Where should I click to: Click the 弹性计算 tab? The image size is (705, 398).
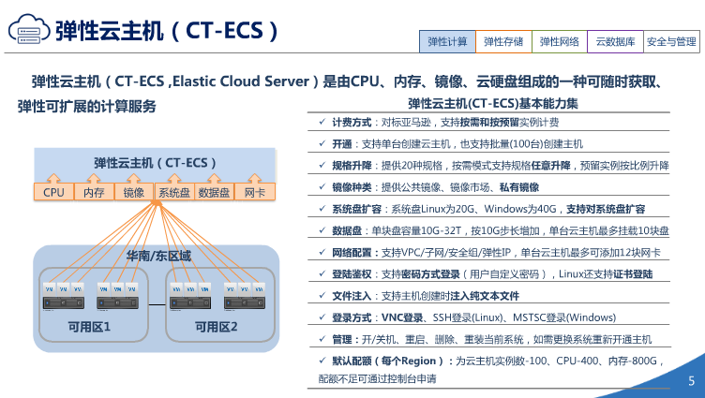coord(448,42)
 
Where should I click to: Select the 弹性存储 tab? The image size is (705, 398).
coord(503,42)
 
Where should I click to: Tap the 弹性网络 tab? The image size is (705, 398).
coord(560,42)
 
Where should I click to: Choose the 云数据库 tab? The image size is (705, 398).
coord(615,42)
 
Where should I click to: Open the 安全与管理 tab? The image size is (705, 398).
coord(672,42)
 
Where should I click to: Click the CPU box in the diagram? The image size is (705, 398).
coord(53,193)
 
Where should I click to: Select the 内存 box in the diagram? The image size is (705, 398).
coord(94,193)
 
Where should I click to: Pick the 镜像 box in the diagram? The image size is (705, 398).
coord(134,193)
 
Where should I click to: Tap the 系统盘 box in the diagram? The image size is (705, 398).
coord(174,193)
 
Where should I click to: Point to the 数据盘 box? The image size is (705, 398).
coord(215,193)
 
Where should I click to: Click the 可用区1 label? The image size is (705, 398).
coord(90,327)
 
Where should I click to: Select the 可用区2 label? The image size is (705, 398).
coord(217,327)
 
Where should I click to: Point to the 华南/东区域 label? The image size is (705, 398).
coord(158,256)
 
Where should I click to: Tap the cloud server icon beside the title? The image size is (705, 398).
coord(28,31)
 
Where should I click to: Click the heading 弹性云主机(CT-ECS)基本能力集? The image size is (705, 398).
coord(493,103)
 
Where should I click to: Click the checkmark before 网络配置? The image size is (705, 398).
coord(322,253)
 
